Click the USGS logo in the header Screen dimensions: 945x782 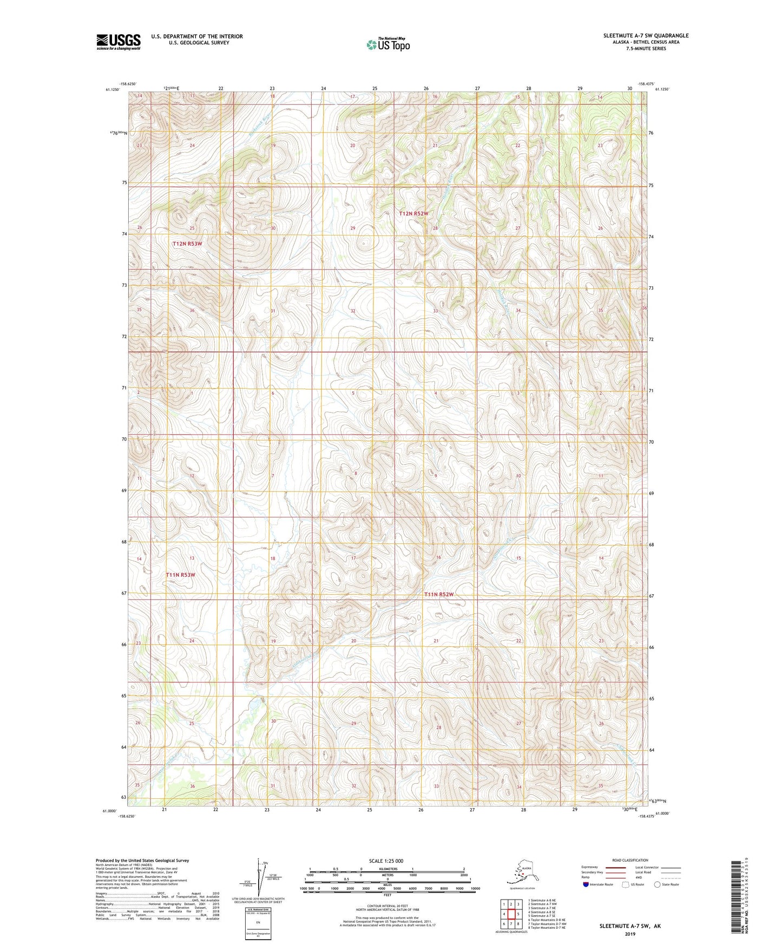118,42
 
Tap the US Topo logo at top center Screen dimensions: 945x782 387,44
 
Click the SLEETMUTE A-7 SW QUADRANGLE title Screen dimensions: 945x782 646,36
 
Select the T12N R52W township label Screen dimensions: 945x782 413,214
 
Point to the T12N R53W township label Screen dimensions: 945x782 187,244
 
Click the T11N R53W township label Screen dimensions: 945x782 180,575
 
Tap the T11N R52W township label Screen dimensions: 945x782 438,594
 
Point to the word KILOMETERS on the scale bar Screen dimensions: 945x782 387,869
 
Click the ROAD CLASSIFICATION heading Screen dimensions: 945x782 630,860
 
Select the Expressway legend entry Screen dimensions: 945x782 589,867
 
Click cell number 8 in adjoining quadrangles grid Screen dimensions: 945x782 518,924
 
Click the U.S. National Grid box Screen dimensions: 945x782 258,923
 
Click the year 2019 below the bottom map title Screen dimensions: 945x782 629,934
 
